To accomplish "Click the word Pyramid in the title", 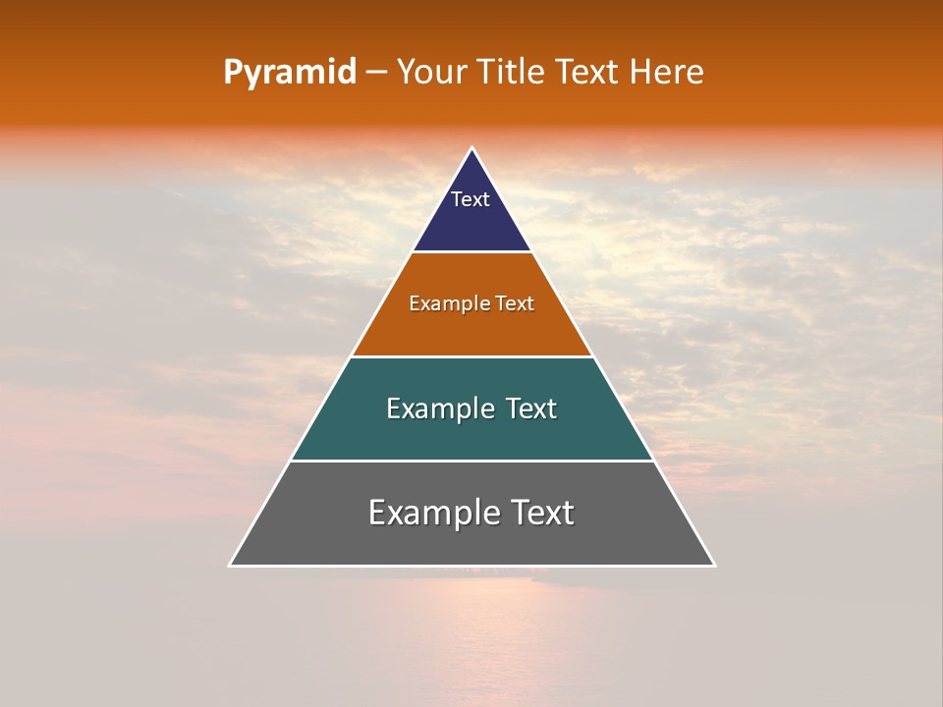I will [289, 73].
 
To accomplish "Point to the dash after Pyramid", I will [376, 73].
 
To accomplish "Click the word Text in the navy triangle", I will [471, 199].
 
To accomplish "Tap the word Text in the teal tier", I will [531, 408].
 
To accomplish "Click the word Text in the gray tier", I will [540, 513].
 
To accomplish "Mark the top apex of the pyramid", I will [471, 148].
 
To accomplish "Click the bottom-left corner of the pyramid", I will [231, 565].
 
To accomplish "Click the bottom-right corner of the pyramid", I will [713, 565].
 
